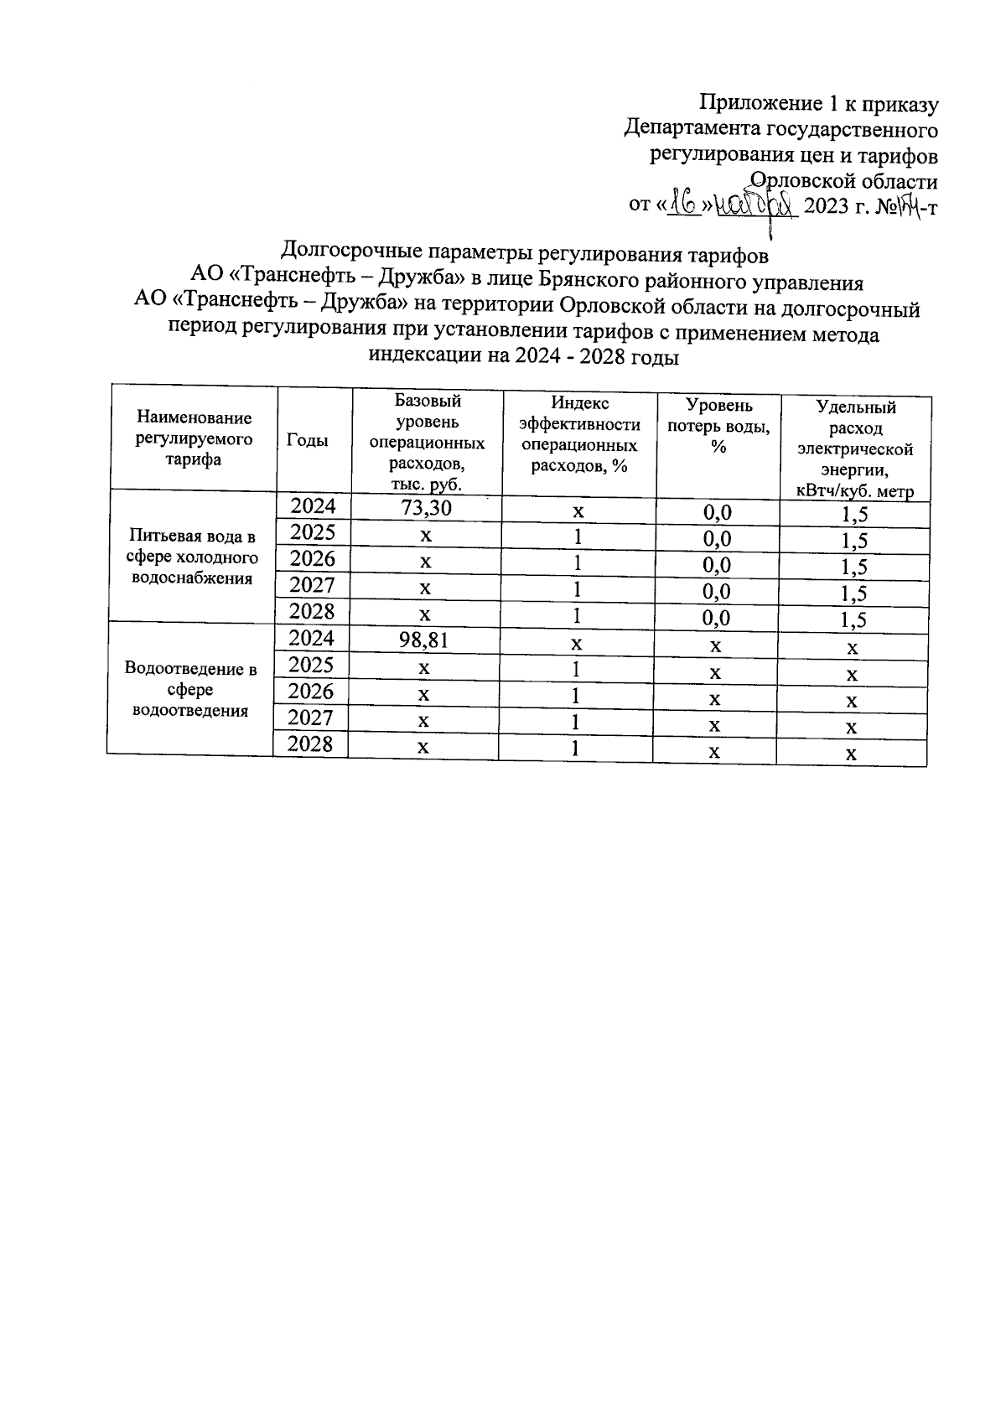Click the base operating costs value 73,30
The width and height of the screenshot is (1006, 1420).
(427, 507)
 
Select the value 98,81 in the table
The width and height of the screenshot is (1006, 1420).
(425, 640)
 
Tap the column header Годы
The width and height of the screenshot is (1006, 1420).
(308, 440)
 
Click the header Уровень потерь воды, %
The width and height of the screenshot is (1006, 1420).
(718, 426)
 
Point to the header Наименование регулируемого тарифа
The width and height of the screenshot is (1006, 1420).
(194, 438)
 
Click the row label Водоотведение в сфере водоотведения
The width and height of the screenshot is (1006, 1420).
(190, 690)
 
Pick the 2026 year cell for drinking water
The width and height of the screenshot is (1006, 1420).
(312, 558)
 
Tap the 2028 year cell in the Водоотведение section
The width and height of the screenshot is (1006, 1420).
(311, 744)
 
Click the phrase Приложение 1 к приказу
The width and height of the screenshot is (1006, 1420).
(819, 104)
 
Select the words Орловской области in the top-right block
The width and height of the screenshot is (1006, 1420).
(843, 181)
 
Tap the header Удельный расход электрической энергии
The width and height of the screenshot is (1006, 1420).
(855, 448)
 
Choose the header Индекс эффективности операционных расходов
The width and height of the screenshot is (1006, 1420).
(579, 436)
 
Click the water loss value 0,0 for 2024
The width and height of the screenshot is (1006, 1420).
(717, 512)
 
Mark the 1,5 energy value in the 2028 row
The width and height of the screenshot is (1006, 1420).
(854, 620)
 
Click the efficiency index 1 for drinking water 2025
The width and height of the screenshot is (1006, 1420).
(578, 536)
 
